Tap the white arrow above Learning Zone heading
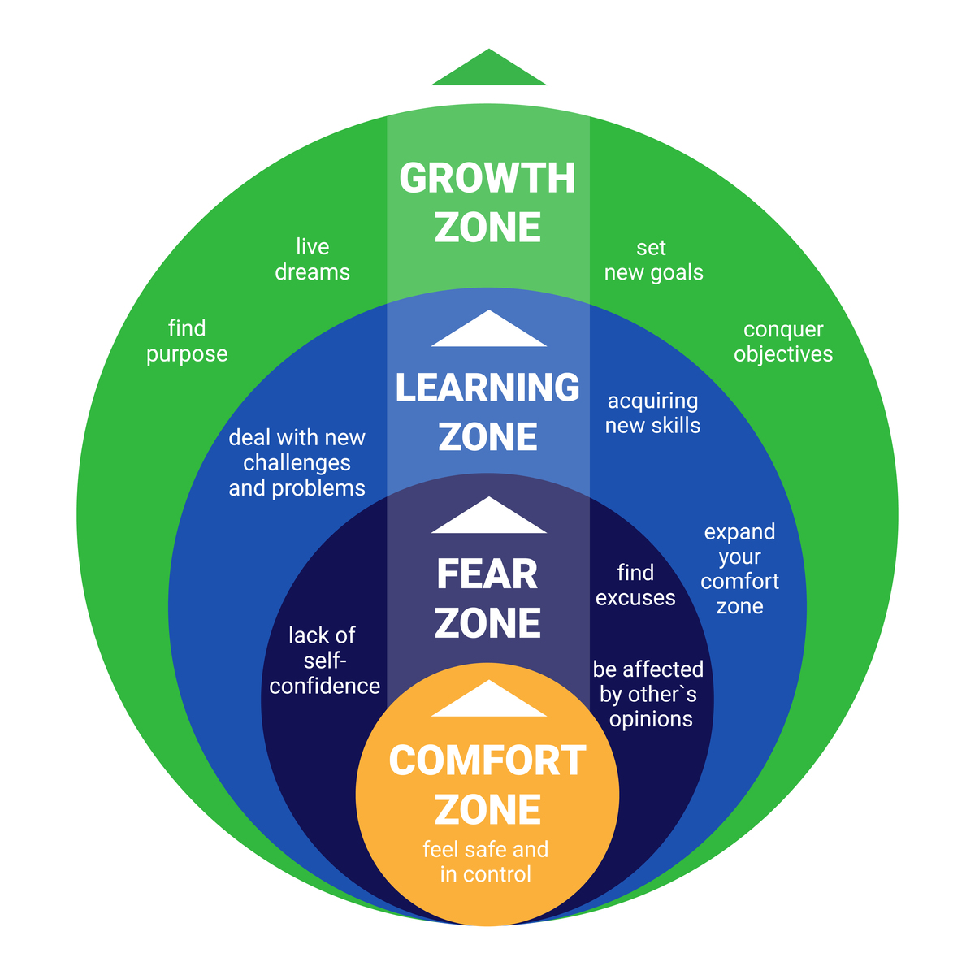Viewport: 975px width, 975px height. pos(488,331)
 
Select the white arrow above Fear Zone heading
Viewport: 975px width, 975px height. pos(488,518)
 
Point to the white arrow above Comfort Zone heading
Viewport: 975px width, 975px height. pos(488,700)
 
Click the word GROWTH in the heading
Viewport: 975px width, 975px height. pos(487,179)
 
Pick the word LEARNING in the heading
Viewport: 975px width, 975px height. pos(487,388)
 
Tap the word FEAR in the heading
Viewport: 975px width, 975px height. pos(487,574)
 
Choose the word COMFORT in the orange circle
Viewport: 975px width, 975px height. pos(487,761)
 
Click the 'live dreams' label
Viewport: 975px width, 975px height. pos(313,259)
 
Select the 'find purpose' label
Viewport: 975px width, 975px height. pos(187,341)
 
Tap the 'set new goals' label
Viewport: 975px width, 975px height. pos(653,260)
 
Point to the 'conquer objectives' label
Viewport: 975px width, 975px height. pos(783,342)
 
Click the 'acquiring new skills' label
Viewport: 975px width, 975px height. pos(653,413)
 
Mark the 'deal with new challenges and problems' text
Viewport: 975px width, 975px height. pos(297,462)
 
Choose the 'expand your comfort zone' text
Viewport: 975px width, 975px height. pos(739,569)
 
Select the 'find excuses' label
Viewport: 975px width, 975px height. pos(635,585)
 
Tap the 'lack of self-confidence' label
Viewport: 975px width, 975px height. pos(324,661)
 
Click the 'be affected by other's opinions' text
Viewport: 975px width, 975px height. pos(648,694)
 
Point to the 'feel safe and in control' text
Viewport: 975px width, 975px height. pos(486,862)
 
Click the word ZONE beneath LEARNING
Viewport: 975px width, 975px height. pos(487,437)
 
